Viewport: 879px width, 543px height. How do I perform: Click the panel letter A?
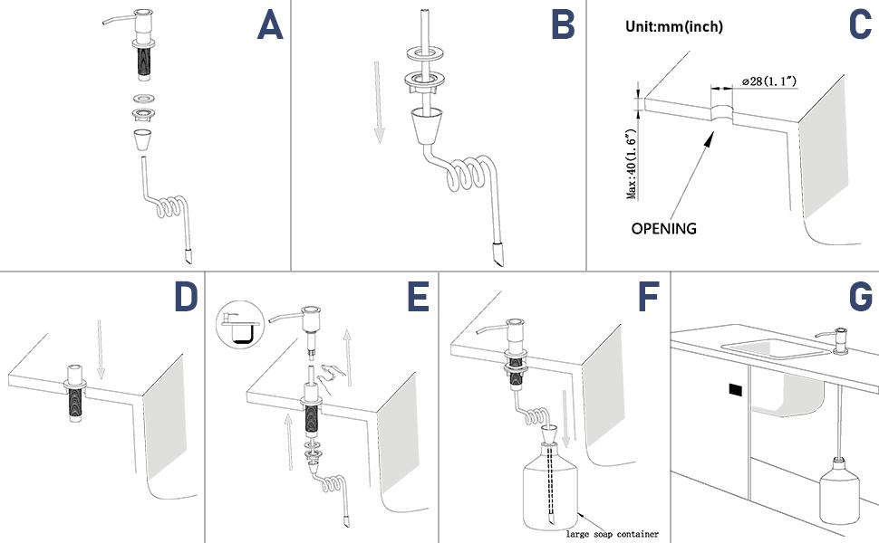[270, 26]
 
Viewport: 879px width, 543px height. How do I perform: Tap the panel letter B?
[563, 26]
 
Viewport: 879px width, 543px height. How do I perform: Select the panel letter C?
[858, 26]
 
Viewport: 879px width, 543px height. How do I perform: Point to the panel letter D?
[185, 298]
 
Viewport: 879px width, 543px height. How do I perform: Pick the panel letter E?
[417, 298]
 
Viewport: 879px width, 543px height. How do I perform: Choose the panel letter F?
[649, 298]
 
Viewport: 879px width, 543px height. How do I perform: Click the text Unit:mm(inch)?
[674, 27]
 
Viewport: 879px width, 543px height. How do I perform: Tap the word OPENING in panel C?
[664, 229]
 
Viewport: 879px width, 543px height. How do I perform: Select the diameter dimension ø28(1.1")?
[769, 81]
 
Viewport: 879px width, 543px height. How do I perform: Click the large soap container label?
[614, 532]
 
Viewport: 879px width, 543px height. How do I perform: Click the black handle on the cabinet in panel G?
[735, 391]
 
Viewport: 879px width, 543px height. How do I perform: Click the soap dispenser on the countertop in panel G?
[836, 339]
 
